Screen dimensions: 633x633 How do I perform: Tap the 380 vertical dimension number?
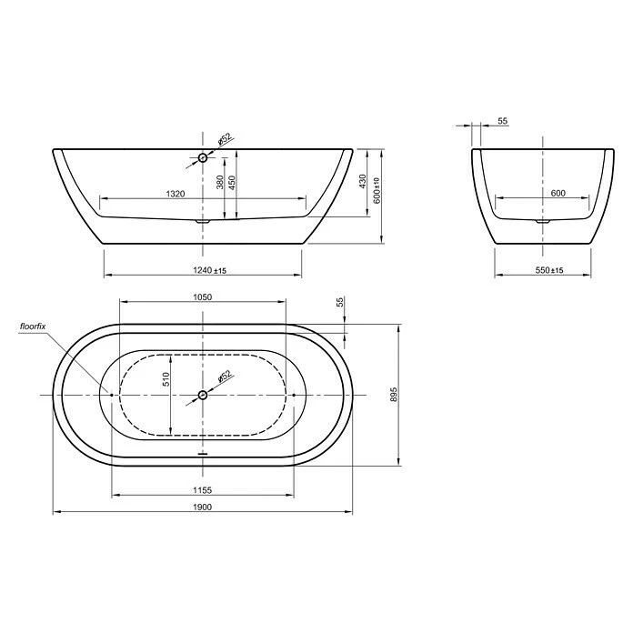(x=219, y=182)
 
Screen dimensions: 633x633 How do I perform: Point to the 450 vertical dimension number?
(x=232, y=182)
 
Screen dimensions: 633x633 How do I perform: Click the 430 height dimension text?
(x=363, y=180)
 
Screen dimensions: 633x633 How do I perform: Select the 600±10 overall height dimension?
(x=376, y=192)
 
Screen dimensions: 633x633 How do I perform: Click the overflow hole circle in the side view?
(x=203, y=158)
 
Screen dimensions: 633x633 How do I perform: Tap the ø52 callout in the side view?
(x=225, y=140)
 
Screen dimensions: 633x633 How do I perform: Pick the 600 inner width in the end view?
(x=558, y=193)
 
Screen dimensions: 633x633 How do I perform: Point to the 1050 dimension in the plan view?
(x=202, y=297)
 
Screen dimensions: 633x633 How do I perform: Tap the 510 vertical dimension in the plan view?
(x=166, y=380)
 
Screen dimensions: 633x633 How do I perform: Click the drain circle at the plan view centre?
(x=203, y=395)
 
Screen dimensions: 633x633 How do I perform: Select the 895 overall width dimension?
(x=394, y=395)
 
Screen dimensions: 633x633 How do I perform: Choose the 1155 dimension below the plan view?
(x=202, y=489)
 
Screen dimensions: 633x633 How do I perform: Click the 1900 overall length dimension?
(x=202, y=507)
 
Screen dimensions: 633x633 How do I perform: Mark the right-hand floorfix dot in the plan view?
(x=295, y=395)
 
